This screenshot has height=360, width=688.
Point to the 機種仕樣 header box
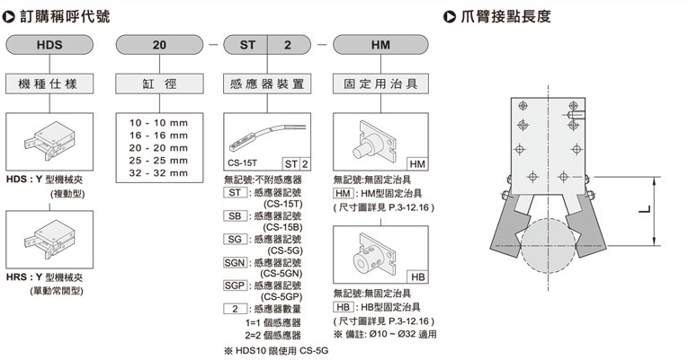49,83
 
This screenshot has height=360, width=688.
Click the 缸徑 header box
158,83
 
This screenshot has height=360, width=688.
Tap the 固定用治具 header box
380,83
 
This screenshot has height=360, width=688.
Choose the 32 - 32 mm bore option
158,172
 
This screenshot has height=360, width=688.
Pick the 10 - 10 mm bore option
158,121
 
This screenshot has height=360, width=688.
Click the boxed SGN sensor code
237,261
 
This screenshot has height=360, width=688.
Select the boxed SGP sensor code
237,285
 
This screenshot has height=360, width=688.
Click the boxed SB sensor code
235,215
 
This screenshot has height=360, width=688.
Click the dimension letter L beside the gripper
641,211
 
